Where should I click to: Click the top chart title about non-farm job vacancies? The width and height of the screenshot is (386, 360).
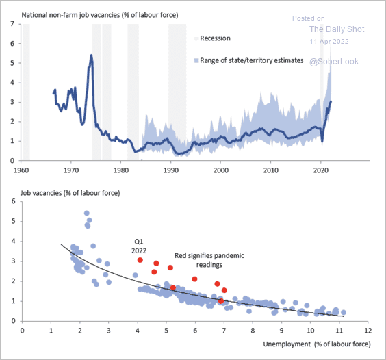[100, 15]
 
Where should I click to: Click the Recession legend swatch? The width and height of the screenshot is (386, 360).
[196, 38]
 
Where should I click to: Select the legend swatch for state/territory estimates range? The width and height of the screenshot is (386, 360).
[196, 61]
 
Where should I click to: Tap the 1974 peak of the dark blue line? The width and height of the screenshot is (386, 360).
[91, 55]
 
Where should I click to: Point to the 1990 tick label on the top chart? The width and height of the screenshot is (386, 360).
[171, 170]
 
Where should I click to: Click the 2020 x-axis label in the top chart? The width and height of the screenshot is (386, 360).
[320, 170]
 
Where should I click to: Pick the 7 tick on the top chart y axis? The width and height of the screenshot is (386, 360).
[12, 24]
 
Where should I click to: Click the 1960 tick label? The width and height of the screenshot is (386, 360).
[21, 170]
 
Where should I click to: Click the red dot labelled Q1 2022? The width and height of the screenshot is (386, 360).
[140, 260]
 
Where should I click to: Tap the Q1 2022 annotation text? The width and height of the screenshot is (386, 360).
[139, 246]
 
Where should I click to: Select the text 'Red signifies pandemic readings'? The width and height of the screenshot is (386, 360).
[209, 260]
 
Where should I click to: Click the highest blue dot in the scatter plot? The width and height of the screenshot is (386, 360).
[87, 214]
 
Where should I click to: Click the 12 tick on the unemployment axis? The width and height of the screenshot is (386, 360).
[368, 331]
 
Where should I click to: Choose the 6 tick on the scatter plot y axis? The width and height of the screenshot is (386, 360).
[13, 201]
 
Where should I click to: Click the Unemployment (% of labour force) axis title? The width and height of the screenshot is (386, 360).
[317, 344]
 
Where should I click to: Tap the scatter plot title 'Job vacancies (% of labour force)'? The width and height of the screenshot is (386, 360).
[70, 193]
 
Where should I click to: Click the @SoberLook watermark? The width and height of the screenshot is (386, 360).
[334, 62]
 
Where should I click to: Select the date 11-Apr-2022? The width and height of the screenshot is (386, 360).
[329, 41]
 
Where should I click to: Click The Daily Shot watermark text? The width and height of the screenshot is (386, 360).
[337, 29]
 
